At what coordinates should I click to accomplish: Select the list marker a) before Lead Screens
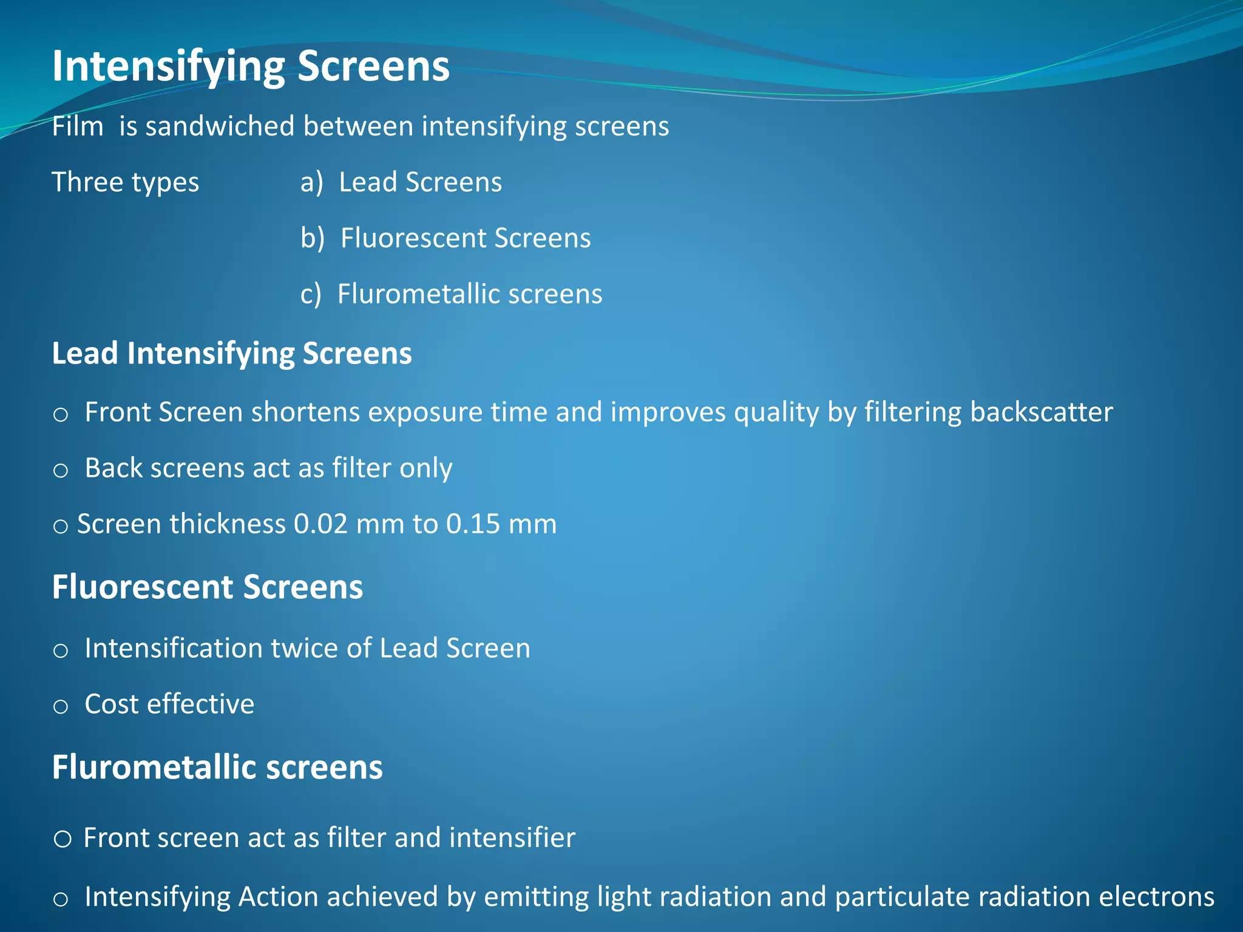point(311,182)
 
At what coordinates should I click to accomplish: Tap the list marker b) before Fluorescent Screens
point(313,238)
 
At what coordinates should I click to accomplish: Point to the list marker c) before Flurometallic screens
point(310,294)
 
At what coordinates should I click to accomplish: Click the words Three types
point(125,182)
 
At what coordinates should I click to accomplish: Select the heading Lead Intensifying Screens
point(232,353)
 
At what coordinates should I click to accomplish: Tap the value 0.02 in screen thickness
point(320,524)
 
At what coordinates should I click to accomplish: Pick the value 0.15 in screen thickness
point(473,524)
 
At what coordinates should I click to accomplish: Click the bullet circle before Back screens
point(60,470)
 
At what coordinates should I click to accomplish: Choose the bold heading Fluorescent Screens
point(208,587)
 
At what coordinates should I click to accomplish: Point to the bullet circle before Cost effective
point(60,706)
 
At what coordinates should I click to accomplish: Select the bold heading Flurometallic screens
point(217,767)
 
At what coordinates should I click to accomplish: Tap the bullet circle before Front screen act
point(63,839)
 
